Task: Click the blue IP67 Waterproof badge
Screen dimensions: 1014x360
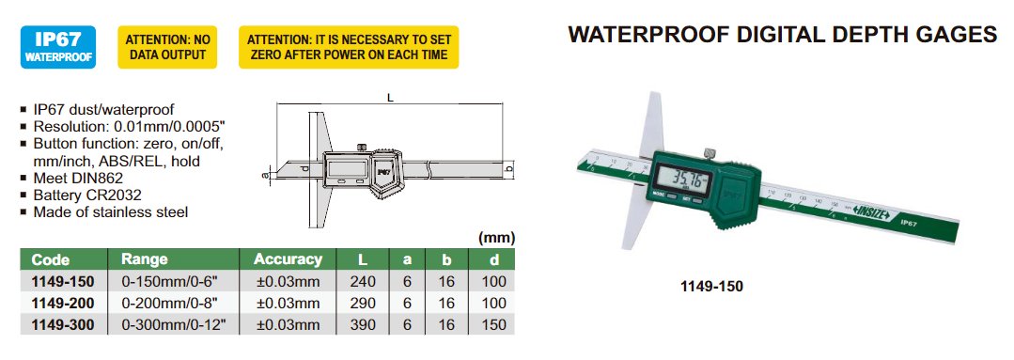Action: pyautogui.click(x=58, y=47)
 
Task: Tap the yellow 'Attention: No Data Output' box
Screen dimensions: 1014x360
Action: pyautogui.click(x=167, y=47)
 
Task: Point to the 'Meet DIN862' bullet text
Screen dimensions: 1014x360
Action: pyautogui.click(x=78, y=179)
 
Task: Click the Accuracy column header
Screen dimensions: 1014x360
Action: pyautogui.click(x=288, y=259)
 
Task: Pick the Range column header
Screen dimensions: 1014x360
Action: pyautogui.click(x=144, y=259)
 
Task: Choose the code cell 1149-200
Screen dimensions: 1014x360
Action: pyautogui.click(x=63, y=303)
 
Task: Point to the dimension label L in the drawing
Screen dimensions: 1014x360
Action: pyautogui.click(x=390, y=99)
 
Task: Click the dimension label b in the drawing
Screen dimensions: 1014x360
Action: pyautogui.click(x=509, y=169)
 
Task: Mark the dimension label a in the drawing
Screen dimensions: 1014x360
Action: pyautogui.click(x=264, y=173)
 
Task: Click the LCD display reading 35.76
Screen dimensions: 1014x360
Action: pyautogui.click(x=683, y=179)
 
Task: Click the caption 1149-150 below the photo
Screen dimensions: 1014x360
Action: pyautogui.click(x=712, y=286)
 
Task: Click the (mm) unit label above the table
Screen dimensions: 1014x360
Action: pyautogui.click(x=496, y=238)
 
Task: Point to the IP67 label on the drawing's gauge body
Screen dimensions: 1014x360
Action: pyautogui.click(x=383, y=172)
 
